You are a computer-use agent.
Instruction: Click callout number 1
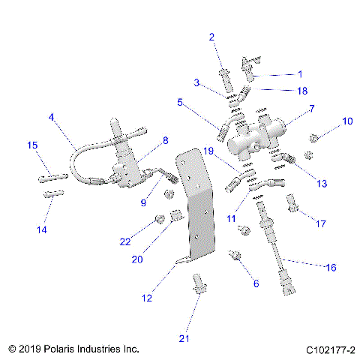coord(301,74)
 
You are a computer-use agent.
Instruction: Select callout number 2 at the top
coord(211,37)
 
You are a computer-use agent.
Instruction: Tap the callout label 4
coord(51,117)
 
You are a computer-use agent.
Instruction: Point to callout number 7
coord(311,109)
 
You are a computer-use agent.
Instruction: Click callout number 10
coord(346,121)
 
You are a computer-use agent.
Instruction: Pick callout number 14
coord(42,230)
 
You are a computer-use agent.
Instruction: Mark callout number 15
coord(32,145)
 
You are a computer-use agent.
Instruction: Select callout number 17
coord(321,223)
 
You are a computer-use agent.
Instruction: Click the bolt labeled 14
coord(52,194)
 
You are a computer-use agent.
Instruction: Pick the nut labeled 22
coord(158,219)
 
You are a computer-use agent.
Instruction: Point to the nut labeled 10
coord(315,137)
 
